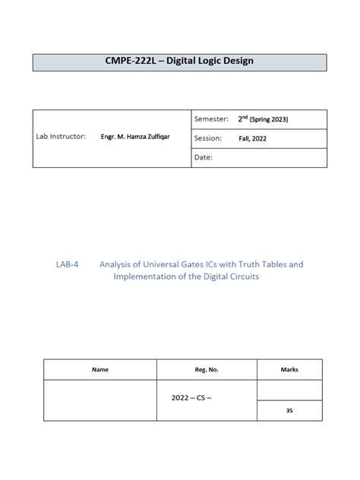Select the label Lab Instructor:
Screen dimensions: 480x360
(x=62, y=137)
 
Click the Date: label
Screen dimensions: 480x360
(x=204, y=157)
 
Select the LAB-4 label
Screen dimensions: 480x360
(x=67, y=264)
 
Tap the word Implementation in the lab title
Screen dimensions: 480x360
(x=144, y=276)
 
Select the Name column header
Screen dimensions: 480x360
(x=100, y=370)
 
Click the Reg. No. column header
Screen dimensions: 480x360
(x=207, y=370)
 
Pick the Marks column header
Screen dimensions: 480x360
(x=289, y=370)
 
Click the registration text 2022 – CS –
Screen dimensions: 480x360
(x=191, y=396)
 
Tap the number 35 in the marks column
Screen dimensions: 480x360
(x=289, y=410)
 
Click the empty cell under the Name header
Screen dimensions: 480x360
(x=100, y=399)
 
